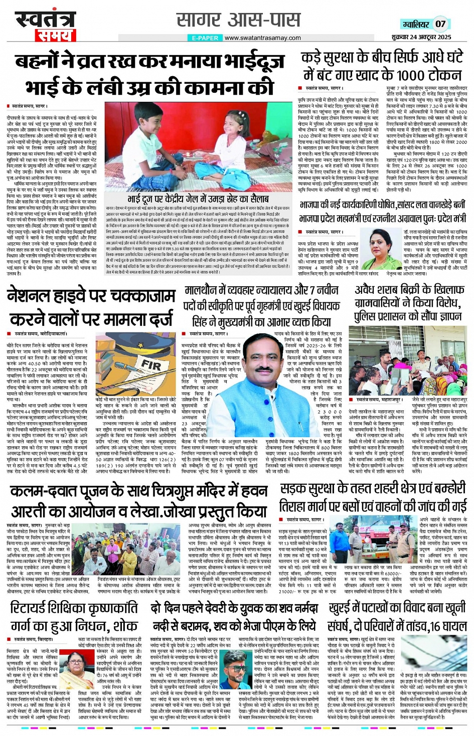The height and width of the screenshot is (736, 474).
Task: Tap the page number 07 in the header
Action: click(x=440, y=24)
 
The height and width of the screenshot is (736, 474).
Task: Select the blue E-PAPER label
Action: click(x=205, y=38)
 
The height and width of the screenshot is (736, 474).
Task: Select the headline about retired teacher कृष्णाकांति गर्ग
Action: click(x=74, y=616)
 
